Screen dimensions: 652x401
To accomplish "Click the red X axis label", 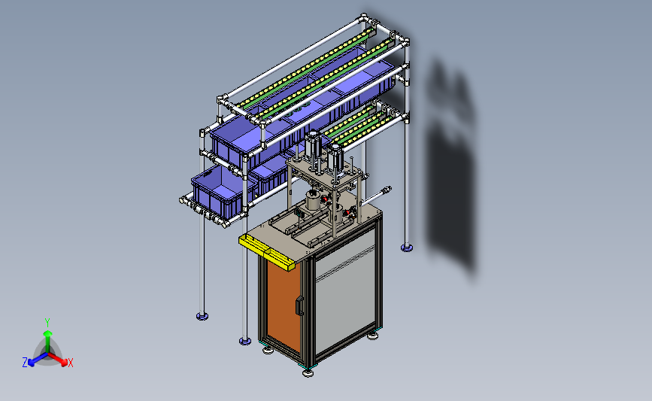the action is (x=70, y=363).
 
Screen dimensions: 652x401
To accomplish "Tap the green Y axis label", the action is (x=47, y=323).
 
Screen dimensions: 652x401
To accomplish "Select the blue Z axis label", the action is (x=25, y=363).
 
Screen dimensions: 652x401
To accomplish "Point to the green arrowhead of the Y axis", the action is (x=48, y=333).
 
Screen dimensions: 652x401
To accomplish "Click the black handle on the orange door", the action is (x=299, y=305).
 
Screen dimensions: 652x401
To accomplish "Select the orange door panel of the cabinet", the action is (x=284, y=305).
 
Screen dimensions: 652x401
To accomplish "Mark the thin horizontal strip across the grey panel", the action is (x=345, y=262).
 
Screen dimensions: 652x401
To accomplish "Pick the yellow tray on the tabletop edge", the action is (x=266, y=251).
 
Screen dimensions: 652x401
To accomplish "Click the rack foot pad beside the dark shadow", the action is (x=407, y=248).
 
